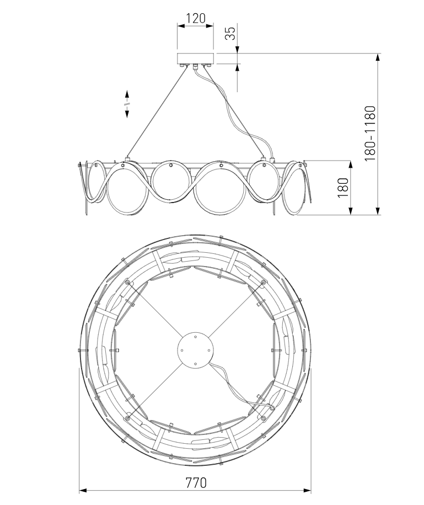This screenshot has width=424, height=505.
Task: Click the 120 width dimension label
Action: (196, 18)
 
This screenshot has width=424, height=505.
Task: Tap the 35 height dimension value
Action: (230, 33)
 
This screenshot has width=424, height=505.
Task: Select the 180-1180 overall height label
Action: (370, 134)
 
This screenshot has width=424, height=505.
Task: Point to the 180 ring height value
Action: (343, 188)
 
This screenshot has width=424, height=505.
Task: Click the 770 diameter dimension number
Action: (196, 483)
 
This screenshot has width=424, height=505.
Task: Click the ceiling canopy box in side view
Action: (196, 59)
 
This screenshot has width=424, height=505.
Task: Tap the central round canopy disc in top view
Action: (195, 350)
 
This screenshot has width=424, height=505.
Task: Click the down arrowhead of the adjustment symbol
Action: (127, 113)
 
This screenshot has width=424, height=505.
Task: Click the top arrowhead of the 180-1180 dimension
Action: (378, 57)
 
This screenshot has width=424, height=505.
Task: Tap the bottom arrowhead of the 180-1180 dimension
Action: (378, 210)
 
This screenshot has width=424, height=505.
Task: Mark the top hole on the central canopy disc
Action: (195, 337)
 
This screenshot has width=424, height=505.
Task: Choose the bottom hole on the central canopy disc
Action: (195, 364)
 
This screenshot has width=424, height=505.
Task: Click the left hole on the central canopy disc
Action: (182, 350)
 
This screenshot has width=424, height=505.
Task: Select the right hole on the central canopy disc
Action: (209, 350)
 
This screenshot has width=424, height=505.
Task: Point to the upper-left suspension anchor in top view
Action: (128, 283)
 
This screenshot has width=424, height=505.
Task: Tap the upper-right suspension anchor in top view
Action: (263, 283)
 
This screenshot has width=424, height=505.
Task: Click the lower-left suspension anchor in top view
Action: (128, 418)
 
